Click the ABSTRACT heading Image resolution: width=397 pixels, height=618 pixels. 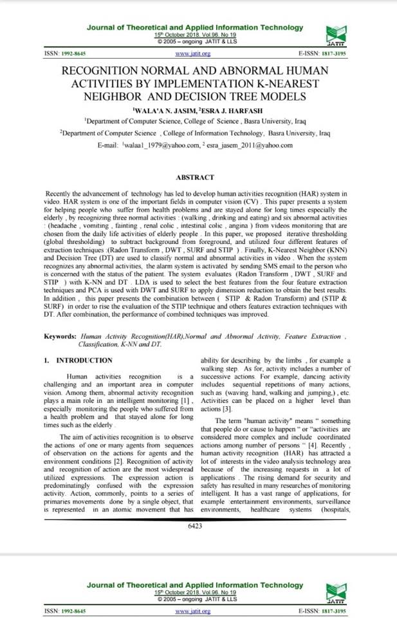[x=198, y=176]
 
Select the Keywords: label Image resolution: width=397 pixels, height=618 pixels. [x=60, y=337]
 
